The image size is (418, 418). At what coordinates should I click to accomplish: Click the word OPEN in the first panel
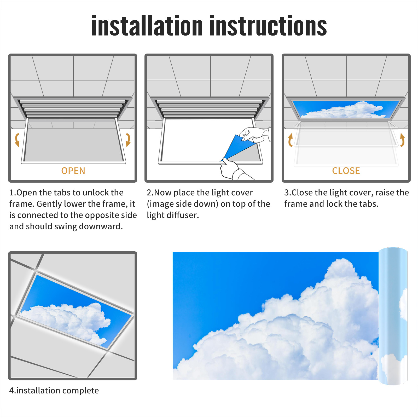click(73, 171)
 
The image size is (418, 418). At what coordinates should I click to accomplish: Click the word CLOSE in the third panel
click(346, 171)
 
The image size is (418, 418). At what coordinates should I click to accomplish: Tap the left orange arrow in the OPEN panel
click(17, 140)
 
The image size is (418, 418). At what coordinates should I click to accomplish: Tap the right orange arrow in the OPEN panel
click(128, 140)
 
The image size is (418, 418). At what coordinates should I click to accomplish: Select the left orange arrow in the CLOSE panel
click(290, 140)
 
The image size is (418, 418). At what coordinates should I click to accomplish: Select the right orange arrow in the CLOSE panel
click(402, 140)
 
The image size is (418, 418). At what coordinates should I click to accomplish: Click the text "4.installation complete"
click(54, 390)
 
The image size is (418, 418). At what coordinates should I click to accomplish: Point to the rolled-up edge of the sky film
click(393, 316)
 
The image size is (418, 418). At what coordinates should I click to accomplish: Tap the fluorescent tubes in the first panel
click(73, 108)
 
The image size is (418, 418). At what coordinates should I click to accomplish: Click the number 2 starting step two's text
click(149, 193)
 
